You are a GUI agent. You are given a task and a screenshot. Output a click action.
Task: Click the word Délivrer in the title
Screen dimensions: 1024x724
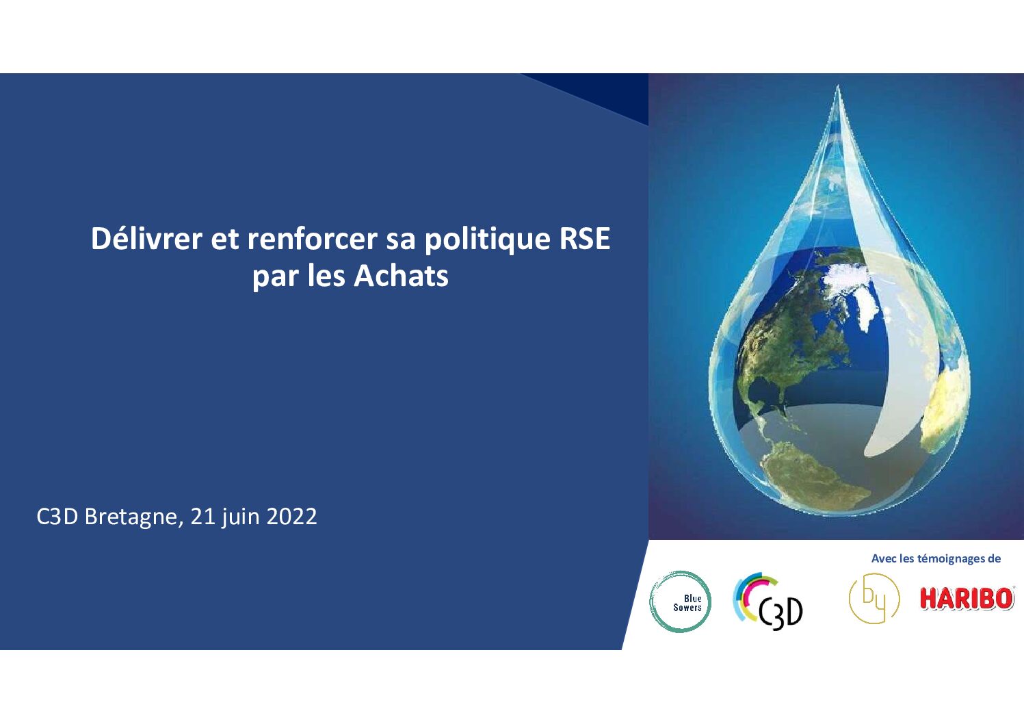146,239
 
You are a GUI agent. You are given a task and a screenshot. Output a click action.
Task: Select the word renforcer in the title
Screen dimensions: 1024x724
313,240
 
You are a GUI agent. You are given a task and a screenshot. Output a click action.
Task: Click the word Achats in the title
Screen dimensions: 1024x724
401,276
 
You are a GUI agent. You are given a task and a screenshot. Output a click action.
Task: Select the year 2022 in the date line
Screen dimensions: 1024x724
291,517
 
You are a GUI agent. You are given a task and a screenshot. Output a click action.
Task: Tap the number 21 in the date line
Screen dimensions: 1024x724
202,517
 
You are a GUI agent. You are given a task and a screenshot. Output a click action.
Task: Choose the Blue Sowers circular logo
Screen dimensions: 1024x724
680,602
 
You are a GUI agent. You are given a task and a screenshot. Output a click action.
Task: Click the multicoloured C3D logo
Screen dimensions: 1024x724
768,602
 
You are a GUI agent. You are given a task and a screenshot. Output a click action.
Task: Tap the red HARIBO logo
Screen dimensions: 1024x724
967,599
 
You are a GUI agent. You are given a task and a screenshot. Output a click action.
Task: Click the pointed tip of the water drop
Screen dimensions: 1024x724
837,86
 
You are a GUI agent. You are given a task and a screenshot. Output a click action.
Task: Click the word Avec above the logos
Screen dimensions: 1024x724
884,558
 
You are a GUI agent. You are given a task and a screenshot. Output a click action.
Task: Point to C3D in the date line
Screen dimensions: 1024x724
57,517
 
